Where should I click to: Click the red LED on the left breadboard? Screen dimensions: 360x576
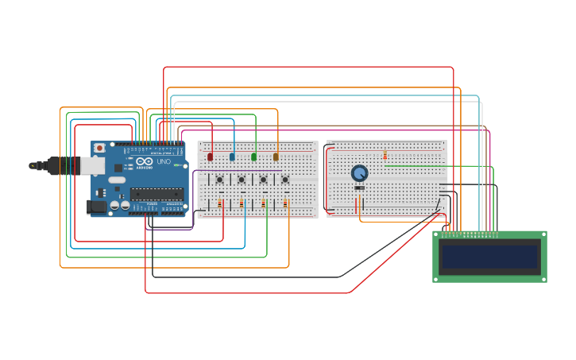click(210, 157)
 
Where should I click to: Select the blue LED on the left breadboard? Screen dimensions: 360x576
click(232, 157)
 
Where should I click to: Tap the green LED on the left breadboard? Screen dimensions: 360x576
click(253, 157)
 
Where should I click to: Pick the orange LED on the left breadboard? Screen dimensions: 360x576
click(276, 157)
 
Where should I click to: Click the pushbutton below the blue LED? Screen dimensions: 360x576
click(242, 180)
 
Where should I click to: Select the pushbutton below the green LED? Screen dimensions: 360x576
click(263, 180)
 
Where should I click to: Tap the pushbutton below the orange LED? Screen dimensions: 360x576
click(285, 180)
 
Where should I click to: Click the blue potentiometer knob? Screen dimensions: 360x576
click(359, 172)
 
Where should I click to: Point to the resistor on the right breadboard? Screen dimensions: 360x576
click(385, 154)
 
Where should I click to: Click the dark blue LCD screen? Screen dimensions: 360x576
click(489, 257)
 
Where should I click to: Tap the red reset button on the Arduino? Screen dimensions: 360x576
click(99, 148)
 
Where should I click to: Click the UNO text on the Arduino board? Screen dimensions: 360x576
click(164, 161)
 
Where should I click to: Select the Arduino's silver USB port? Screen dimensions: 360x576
click(92, 165)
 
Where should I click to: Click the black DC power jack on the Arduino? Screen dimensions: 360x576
click(96, 207)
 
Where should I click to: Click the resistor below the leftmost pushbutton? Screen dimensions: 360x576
click(220, 204)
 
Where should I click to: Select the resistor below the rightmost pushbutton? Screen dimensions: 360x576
click(286, 204)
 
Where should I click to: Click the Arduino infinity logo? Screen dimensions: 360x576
click(145, 161)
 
